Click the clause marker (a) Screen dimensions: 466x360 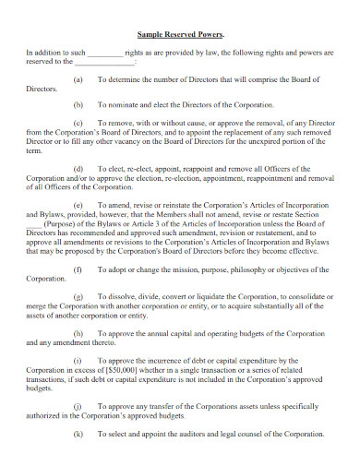pos(77,80)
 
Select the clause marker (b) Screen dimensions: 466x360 pos(77,105)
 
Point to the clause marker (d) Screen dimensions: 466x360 pos(77,168)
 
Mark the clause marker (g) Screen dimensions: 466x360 pos(77,294)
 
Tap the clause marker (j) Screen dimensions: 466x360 pos(77,404)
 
